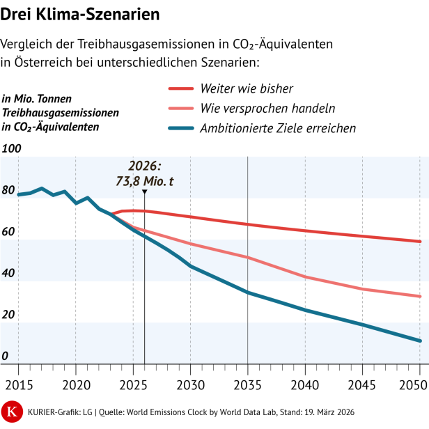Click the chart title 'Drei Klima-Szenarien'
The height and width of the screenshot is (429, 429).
click(79, 14)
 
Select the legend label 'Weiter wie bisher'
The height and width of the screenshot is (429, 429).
click(246, 88)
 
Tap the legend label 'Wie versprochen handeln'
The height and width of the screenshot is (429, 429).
click(267, 108)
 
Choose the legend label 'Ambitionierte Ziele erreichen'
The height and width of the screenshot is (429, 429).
click(278, 128)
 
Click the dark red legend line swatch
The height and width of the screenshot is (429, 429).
click(180, 88)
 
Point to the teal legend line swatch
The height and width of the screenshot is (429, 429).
click(180, 128)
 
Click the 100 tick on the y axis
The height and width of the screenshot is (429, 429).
click(13, 149)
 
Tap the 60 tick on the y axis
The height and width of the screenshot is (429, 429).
click(10, 232)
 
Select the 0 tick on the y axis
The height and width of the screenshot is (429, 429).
click(6, 357)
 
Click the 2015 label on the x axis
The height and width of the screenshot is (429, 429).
click(18, 384)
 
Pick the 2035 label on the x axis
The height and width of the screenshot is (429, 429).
click(247, 384)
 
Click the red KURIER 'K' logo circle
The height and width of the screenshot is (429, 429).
click(12, 411)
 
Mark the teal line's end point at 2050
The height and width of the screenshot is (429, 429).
click(419, 341)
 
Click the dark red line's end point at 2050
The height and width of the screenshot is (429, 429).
click(419, 242)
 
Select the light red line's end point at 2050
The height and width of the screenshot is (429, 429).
click(419, 296)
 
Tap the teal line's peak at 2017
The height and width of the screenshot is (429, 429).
click(42, 188)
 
